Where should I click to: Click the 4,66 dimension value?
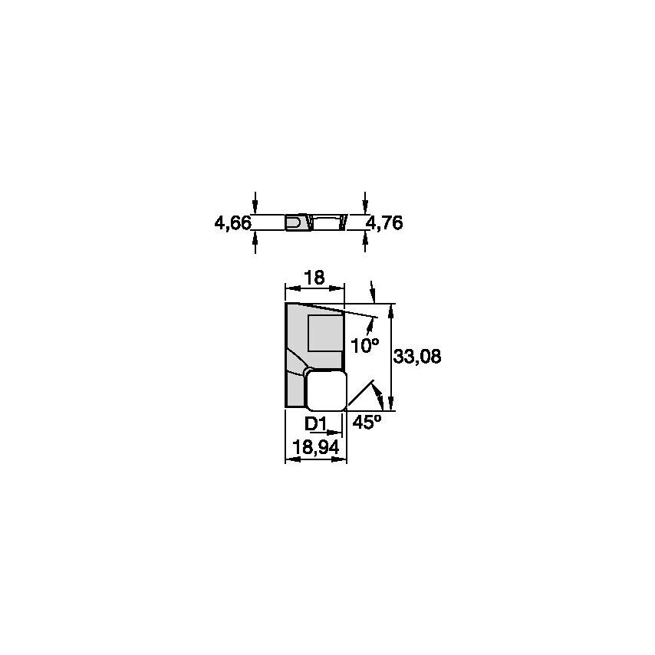(x=232, y=223)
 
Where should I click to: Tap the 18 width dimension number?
(x=314, y=278)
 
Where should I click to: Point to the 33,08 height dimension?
(x=417, y=357)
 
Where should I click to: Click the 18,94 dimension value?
(x=315, y=446)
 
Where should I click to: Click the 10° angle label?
(x=365, y=345)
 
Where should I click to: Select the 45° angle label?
(x=367, y=421)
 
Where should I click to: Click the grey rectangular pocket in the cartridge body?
(x=324, y=333)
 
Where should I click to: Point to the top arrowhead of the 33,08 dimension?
(x=392, y=309)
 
